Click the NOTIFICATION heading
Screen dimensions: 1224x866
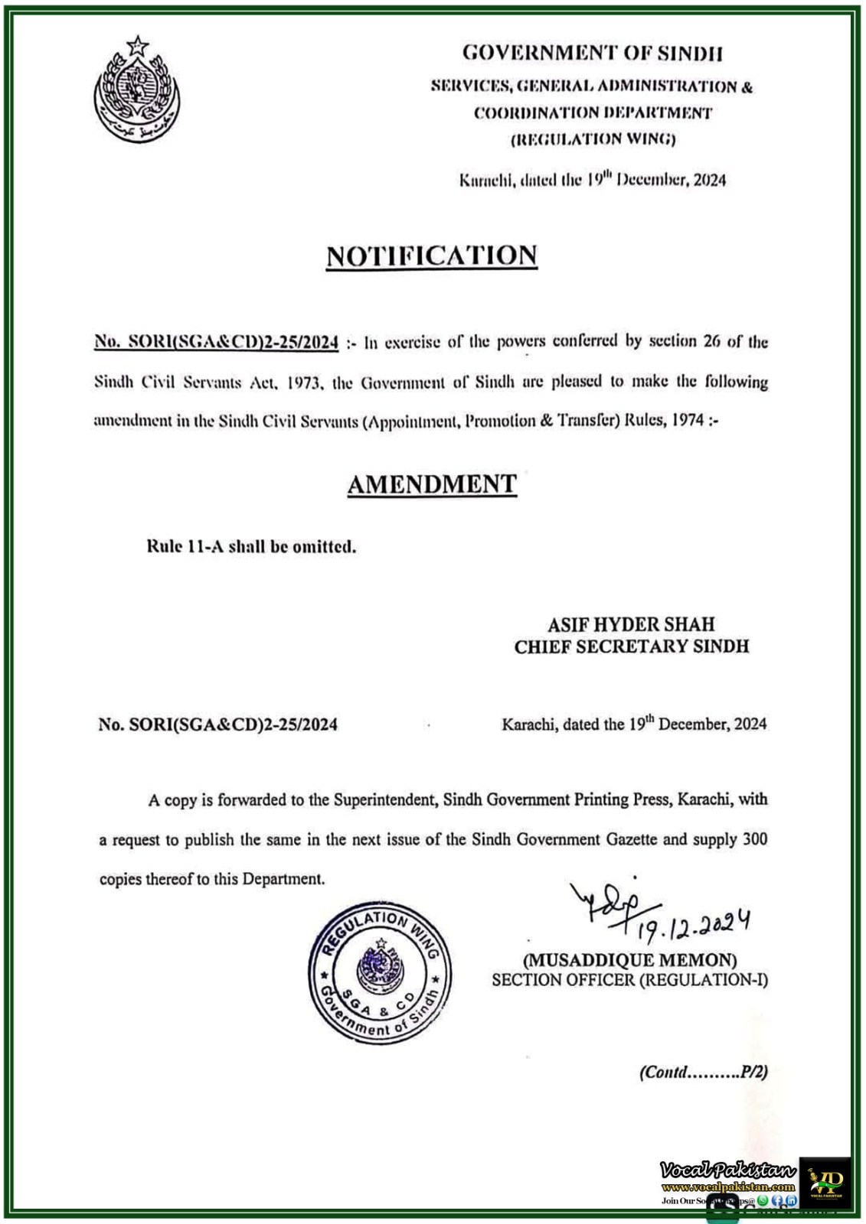[432, 256]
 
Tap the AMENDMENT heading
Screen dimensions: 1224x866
[432, 484]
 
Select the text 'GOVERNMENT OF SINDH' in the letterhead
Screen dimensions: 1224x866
[593, 53]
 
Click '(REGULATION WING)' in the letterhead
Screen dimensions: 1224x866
[593, 139]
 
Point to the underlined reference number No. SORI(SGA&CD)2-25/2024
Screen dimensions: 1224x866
[217, 342]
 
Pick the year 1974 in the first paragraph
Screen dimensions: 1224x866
[688, 421]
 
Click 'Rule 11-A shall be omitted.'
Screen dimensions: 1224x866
[251, 547]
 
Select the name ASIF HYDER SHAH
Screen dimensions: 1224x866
[631, 624]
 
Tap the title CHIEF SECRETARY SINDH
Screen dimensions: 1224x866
[631, 646]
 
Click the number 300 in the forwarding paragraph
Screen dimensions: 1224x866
[754, 839]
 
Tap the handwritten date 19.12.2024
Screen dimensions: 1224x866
[693, 924]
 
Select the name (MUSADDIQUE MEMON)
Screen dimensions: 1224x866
[629, 959]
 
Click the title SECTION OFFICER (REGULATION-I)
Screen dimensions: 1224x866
[629, 980]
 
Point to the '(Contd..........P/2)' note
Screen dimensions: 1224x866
[703, 1072]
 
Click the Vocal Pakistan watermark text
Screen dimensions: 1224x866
[727, 1170]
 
